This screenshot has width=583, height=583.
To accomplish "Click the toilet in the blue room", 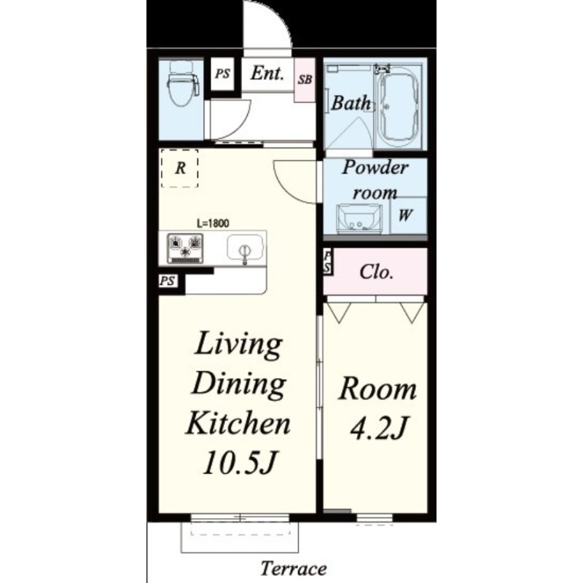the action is (182, 84).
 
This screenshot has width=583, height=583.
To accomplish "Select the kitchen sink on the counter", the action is (245, 248).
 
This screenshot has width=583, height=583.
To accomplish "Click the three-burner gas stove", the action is (185, 248).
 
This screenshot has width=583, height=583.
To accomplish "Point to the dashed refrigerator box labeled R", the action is (179, 168).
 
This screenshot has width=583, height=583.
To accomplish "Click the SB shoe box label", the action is (305, 79).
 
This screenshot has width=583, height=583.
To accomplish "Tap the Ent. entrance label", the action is (267, 73).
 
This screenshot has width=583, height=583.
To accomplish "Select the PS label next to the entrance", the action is (223, 74).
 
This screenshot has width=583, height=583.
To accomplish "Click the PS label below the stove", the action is (168, 281).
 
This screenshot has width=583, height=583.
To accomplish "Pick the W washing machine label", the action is (405, 215).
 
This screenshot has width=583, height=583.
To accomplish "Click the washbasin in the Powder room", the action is (359, 219).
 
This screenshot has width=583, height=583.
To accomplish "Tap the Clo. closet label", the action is (376, 272).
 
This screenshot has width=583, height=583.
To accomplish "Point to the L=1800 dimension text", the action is (213, 224).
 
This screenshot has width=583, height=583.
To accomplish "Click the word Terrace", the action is (294, 568).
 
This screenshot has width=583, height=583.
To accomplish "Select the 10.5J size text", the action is (240, 463).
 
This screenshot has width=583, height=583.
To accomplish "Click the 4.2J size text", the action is (379, 428).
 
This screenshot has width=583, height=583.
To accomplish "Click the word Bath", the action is (351, 103).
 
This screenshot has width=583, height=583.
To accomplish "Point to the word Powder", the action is (375, 168).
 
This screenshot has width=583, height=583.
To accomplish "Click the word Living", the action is (238, 345).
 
